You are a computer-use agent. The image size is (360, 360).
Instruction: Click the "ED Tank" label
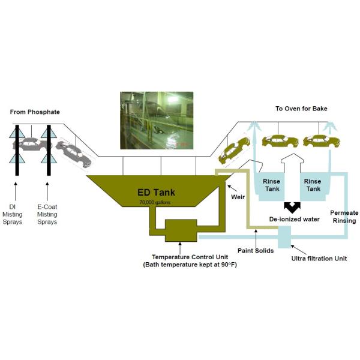pyautogui.click(x=156, y=193)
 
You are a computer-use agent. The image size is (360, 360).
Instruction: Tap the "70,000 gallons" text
pyautogui.click(x=155, y=203)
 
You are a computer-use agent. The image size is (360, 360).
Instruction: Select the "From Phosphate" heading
pyautogui.click(x=35, y=112)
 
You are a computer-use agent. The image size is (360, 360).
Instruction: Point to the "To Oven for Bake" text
pyautogui.click(x=301, y=109)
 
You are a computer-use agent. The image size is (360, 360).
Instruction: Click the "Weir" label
pyautogui.click(x=238, y=197)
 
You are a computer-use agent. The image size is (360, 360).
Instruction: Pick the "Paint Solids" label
pyautogui.click(x=256, y=250)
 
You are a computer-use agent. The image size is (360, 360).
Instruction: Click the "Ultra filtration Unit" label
pyautogui.click(x=319, y=259)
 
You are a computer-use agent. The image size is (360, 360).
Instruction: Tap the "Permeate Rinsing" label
pyautogui.click(x=344, y=217)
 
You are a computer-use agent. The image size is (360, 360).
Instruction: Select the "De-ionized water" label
pyautogui.click(x=295, y=219)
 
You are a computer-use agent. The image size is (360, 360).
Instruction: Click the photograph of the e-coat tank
pyautogui.click(x=157, y=121)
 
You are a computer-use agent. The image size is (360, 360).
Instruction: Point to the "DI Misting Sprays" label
pyautogui.click(x=13, y=214)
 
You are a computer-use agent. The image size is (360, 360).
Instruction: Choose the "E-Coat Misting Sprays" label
pyautogui.click(x=47, y=214)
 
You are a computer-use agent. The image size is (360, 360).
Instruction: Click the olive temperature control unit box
pyautogui.click(x=181, y=230)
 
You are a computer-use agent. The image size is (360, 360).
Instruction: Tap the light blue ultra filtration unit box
pyautogui.click(x=284, y=237)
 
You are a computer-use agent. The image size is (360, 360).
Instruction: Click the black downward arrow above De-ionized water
pyautogui.click(x=292, y=208)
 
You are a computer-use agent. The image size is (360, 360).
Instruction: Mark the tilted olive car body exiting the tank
pyautogui.click(x=234, y=151)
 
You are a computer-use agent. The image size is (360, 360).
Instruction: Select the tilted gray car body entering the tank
pyautogui.click(x=73, y=154)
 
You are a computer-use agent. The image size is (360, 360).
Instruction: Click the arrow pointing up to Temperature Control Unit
pyautogui.click(x=180, y=248)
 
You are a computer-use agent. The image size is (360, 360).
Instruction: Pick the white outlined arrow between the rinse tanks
pyautogui.click(x=292, y=163)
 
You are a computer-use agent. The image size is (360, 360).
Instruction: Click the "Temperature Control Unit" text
pyautogui.click(x=190, y=257)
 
